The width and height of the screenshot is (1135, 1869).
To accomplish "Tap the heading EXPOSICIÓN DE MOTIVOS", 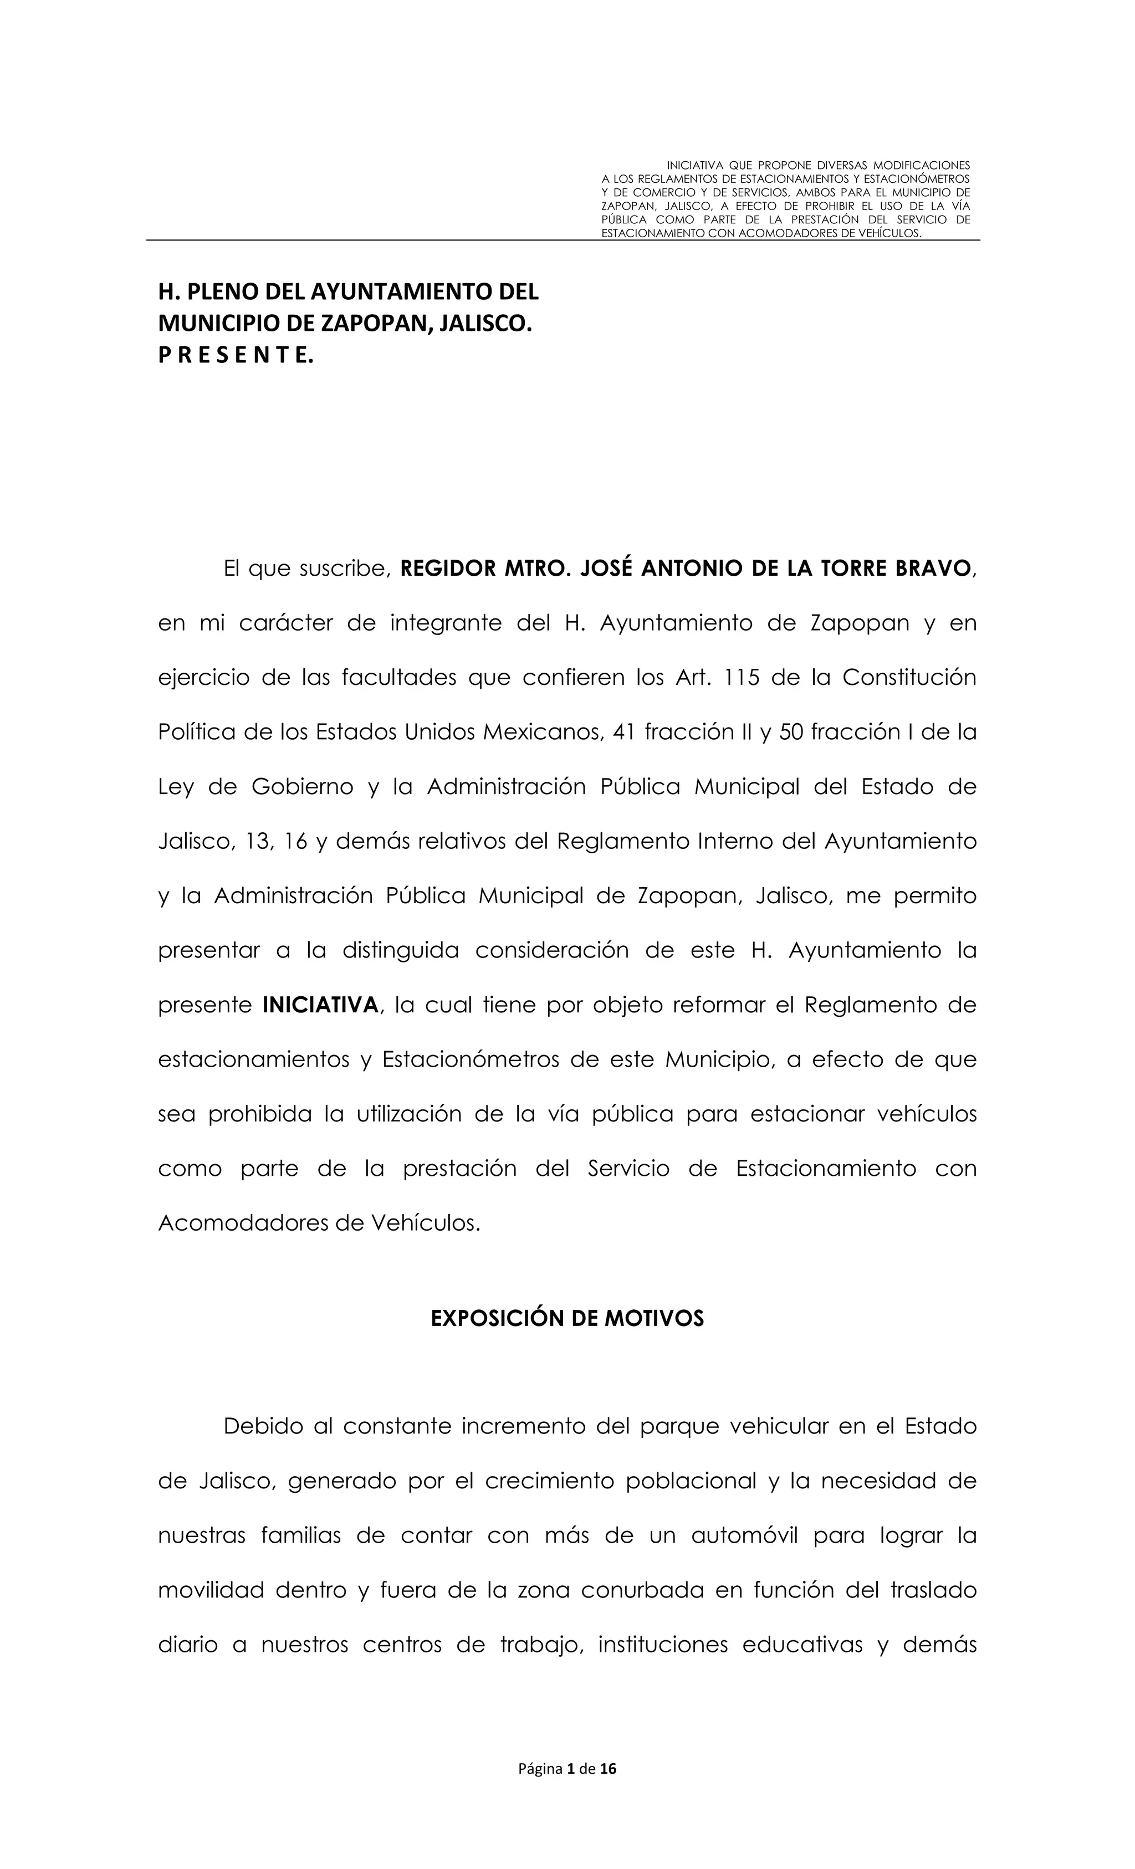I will [567, 1318].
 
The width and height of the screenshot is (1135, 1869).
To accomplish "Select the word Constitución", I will [909, 677].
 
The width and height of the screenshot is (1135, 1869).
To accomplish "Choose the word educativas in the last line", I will [802, 1645].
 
